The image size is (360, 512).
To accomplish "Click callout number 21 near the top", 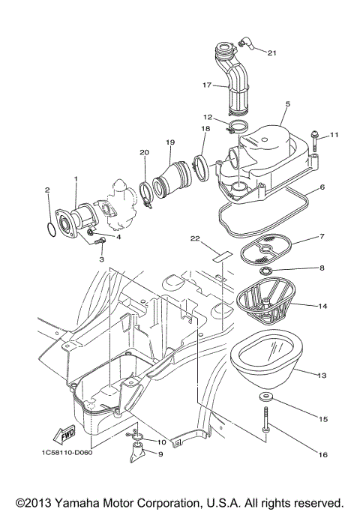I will (271, 52).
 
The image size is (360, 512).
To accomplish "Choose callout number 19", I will (170, 142).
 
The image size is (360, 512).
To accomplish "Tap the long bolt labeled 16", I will (265, 427).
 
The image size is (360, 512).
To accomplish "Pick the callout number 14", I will (322, 306).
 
